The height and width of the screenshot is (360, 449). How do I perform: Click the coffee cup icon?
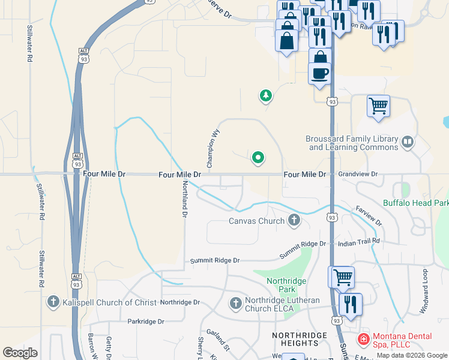point(319,73)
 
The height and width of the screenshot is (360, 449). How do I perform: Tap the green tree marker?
point(265,95)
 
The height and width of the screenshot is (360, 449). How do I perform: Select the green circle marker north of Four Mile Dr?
point(258,158)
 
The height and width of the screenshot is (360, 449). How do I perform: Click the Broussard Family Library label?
point(352,143)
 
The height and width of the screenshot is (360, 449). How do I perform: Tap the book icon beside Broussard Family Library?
point(408,142)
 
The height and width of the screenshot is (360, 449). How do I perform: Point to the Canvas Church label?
point(256,221)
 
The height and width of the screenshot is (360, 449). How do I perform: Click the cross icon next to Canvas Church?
point(294,220)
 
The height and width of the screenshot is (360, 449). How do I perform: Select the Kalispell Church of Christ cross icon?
point(53,302)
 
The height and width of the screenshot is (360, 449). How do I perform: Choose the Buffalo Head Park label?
point(415,203)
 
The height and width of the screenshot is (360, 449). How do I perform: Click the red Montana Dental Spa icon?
point(363,340)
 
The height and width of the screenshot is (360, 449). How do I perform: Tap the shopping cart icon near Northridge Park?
point(342,277)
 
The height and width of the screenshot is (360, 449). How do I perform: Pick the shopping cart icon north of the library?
point(378,106)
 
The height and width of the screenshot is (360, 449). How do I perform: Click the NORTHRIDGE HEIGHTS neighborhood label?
point(299,339)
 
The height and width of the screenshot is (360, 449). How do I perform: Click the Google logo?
point(20,353)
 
